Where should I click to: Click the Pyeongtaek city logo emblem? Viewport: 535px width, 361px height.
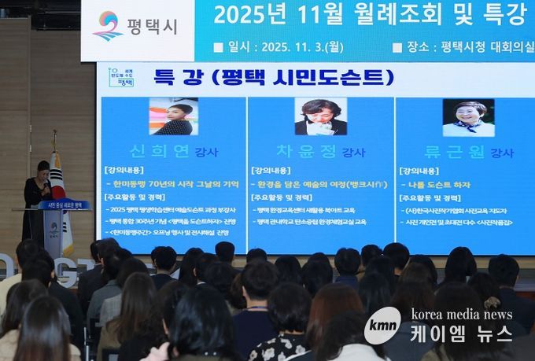108,25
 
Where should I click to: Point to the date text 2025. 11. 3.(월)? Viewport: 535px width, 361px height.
297,46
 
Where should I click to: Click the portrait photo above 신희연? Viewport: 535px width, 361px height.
173,116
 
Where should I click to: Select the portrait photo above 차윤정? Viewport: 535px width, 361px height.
320,116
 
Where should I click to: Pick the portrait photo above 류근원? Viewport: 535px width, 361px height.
468,117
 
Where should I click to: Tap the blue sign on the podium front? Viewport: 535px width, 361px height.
64,205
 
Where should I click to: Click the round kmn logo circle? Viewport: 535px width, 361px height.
383,325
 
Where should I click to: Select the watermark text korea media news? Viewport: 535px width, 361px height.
461,315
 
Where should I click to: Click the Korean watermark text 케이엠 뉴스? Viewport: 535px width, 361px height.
462,334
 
